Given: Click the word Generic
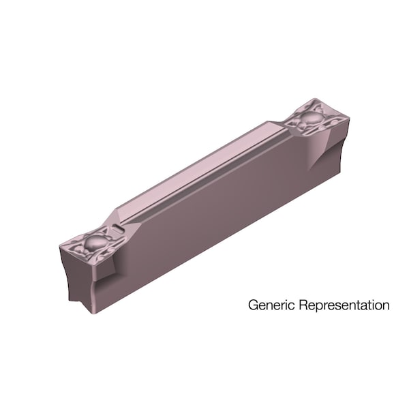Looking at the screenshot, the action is [x=272, y=305].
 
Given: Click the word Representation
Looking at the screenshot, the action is [x=344, y=305].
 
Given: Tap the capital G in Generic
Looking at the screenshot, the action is [x=253, y=305].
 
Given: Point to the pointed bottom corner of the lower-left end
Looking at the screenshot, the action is [x=92, y=312].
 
